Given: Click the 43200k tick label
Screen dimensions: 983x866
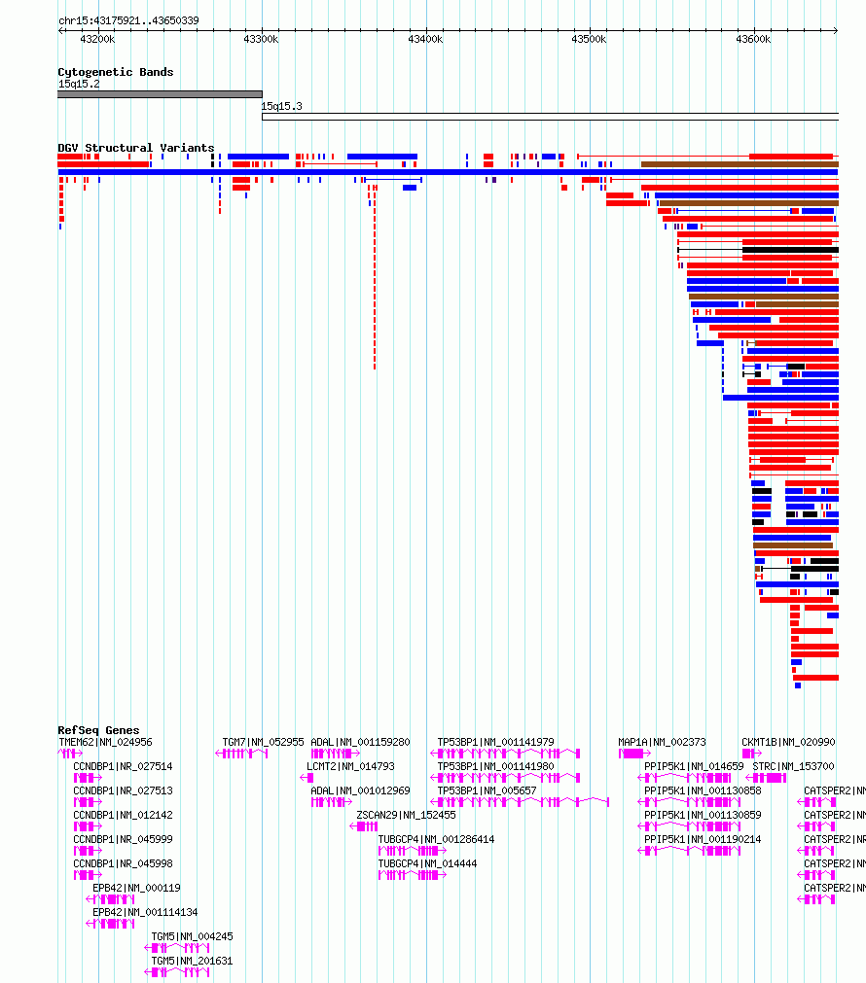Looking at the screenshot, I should click(97, 39).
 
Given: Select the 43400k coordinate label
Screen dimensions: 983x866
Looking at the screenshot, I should click(425, 39).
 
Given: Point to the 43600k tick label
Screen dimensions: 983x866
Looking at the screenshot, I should click(753, 39).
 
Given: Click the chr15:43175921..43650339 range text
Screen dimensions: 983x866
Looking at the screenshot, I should click(128, 20).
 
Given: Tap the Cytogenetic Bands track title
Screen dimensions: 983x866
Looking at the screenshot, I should click(115, 72).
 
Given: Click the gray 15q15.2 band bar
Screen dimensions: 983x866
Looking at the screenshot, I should click(160, 94).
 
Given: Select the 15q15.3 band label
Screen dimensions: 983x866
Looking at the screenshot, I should click(281, 106).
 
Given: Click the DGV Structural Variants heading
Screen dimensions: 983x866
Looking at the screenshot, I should click(135, 148).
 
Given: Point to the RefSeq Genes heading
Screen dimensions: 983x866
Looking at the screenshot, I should click(98, 730).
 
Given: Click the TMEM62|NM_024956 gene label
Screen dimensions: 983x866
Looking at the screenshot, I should click(105, 742).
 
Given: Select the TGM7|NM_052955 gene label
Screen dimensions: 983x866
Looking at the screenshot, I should click(263, 742).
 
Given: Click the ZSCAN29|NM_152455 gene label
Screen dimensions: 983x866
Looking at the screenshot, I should click(406, 815).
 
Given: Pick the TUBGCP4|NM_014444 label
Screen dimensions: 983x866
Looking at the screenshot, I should click(427, 863).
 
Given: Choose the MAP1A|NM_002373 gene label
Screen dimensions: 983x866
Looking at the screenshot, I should click(662, 742).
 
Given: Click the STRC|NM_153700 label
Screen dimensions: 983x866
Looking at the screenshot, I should click(793, 766).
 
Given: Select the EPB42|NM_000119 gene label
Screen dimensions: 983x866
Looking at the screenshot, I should click(136, 888).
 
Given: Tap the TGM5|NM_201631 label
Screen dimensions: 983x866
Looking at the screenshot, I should click(192, 961).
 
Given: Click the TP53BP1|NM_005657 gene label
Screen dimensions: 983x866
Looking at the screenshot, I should click(487, 790).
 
